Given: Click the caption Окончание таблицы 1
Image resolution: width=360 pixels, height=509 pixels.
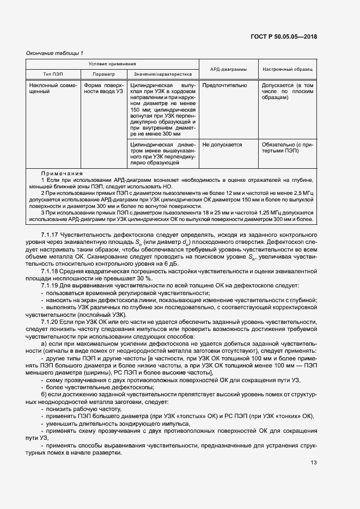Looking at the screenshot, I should coord(54,53).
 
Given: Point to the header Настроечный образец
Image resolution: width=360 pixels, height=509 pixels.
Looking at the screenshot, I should coord(288,70).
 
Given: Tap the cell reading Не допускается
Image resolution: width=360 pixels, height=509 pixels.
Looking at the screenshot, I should coord(222,145).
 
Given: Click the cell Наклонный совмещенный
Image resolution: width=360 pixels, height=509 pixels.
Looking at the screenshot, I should coord(53,89).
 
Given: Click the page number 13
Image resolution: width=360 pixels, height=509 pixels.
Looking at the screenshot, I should coord(314,463).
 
